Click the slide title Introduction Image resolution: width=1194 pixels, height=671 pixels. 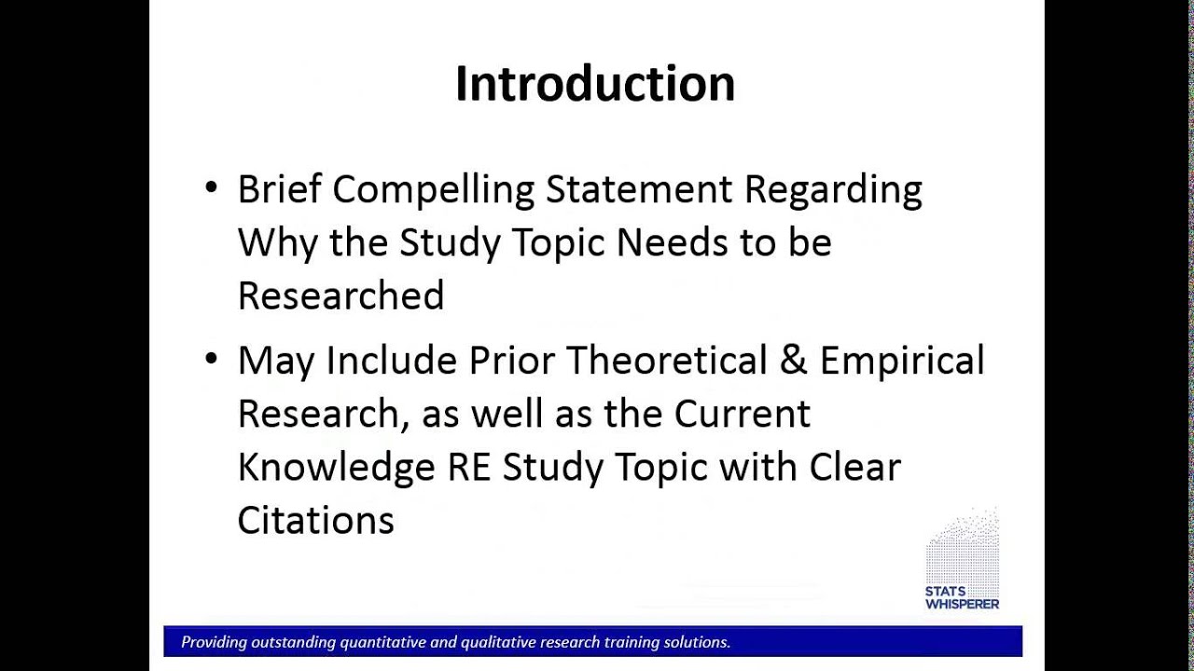point(595,84)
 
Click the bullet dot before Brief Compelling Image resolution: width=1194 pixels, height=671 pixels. point(211,187)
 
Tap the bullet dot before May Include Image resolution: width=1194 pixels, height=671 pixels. point(211,359)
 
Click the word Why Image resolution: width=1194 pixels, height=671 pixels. point(277,243)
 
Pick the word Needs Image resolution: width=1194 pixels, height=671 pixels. point(672,242)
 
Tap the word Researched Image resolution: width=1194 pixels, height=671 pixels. point(340,295)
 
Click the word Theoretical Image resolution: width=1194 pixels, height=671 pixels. point(666,360)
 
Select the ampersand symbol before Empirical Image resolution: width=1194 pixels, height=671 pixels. point(793,360)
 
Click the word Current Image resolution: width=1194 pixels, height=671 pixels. point(742,414)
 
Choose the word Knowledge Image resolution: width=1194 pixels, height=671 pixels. point(337,469)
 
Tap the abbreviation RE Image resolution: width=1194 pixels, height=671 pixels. point(469,468)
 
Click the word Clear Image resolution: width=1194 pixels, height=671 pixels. point(855,467)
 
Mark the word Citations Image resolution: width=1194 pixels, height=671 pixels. point(315,520)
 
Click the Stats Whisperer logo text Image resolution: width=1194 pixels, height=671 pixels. point(962,598)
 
